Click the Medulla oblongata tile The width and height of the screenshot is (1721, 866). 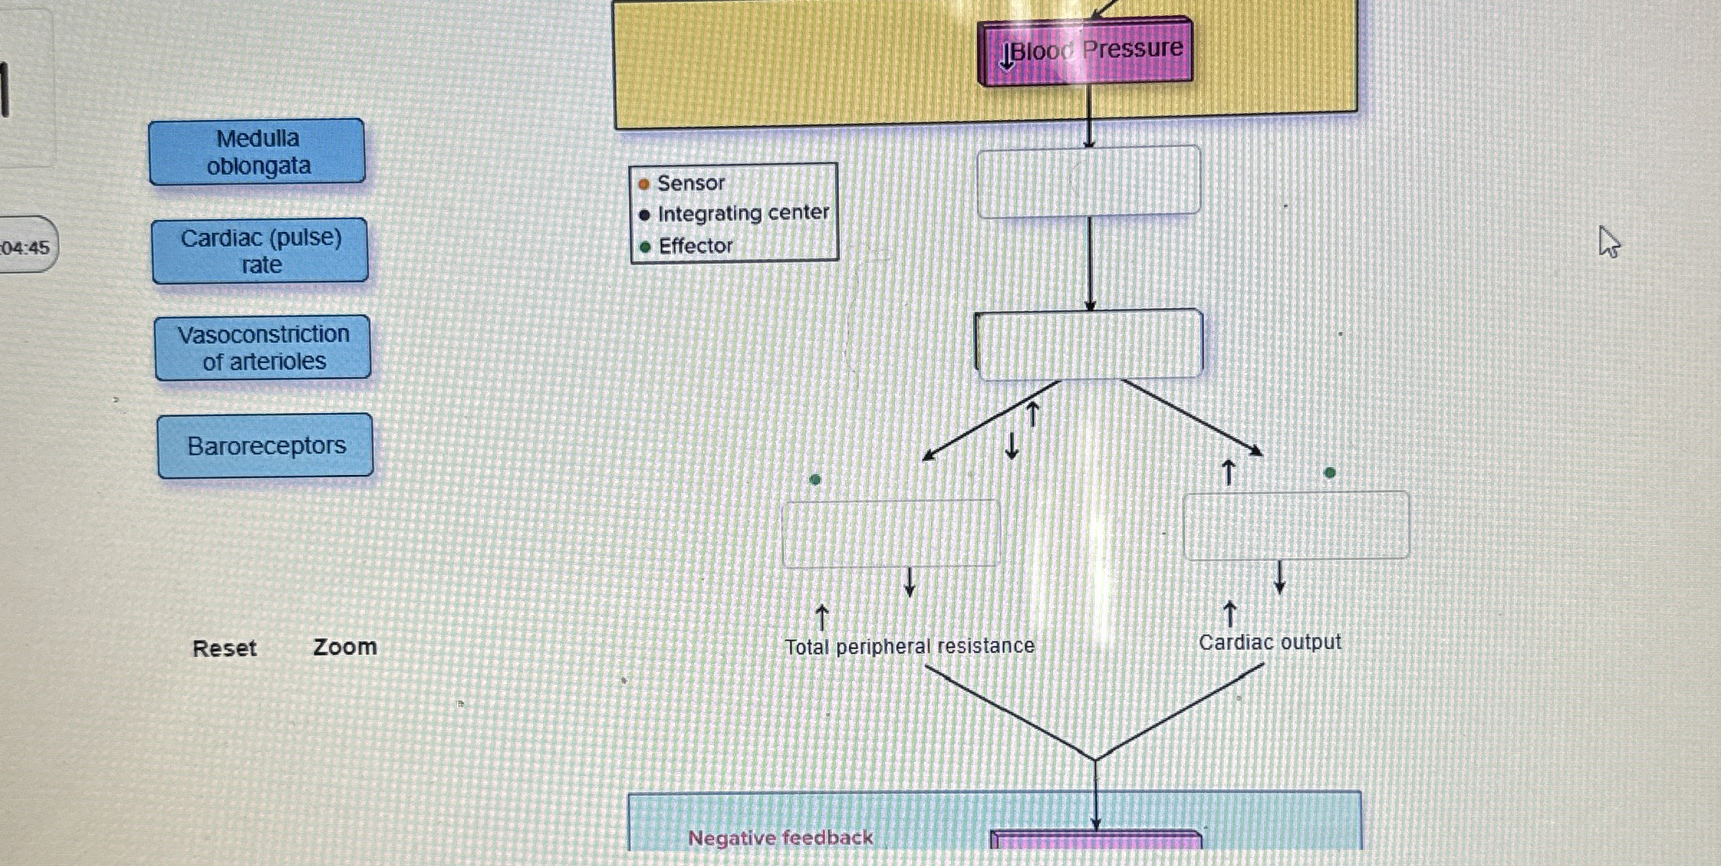pos(257,152)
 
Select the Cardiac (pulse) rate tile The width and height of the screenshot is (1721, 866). pos(260,251)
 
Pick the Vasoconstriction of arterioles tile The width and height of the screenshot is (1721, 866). pos(263,348)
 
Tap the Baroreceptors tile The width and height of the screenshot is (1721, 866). pos(266,446)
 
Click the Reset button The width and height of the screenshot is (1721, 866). pos(224,648)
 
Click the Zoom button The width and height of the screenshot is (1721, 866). pos(345,647)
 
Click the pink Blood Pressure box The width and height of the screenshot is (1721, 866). pos(1086,50)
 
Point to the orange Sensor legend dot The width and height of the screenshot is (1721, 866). pos(644,184)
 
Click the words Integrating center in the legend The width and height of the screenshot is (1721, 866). pos(743,213)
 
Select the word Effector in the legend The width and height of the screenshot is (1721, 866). pos(695,246)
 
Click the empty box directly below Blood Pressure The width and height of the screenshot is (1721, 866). pos(1088,181)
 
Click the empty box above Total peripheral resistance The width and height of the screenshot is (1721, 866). pos(891,533)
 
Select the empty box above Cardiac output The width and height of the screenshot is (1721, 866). pos(1296,526)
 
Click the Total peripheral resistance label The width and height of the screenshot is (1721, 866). pos(909,647)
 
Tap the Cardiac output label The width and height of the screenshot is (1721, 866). pos(1269,642)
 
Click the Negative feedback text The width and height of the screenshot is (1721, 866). pos(780,838)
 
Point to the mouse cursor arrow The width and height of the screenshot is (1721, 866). pos(1608,241)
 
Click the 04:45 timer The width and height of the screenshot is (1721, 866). pos(26,247)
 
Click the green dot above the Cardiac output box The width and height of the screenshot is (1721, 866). pos(1330,473)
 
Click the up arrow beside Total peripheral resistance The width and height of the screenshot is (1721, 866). pos(822,617)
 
